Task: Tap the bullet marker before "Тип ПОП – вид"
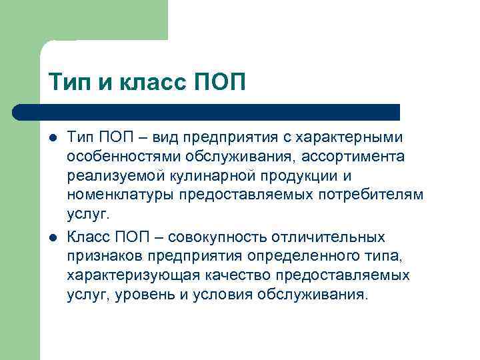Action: click(53, 137)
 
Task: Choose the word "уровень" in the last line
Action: click(143, 295)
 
